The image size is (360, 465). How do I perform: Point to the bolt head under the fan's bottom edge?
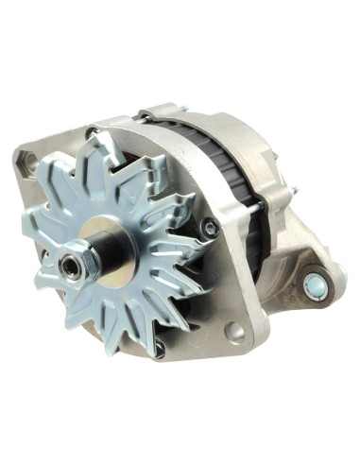[x=160, y=349]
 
